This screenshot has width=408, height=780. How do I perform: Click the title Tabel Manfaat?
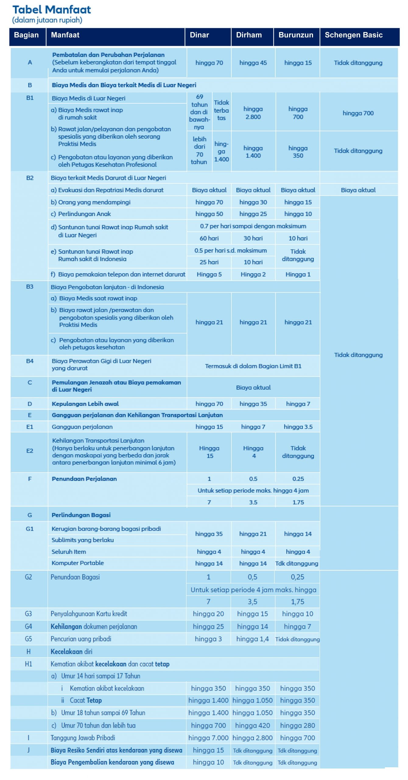[x=51, y=10]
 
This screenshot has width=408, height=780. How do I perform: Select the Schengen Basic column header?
[x=353, y=35]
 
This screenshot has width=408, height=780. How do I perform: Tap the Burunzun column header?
[x=296, y=35]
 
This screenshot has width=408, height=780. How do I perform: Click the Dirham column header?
[x=249, y=35]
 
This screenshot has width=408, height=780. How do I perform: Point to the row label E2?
[x=30, y=451]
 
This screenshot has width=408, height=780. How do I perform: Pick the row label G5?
[x=28, y=639]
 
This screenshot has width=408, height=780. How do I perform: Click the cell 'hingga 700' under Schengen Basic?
[x=358, y=113]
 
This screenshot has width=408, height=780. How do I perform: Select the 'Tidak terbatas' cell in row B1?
[x=221, y=110]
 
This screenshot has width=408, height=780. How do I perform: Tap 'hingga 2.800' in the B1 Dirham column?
[x=253, y=113]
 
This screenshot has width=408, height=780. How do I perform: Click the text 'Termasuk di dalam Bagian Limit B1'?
[x=253, y=366]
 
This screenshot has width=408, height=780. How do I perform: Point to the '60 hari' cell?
[x=209, y=238]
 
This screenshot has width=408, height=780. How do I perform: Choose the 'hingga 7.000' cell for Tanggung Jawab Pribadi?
[x=208, y=738]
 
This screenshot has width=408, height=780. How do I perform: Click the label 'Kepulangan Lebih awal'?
[x=85, y=404]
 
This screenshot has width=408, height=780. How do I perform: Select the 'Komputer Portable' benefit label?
[x=78, y=563]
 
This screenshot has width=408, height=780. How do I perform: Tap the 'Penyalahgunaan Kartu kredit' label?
[x=89, y=614]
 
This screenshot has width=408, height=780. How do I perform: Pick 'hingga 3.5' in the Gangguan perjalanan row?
[x=298, y=427]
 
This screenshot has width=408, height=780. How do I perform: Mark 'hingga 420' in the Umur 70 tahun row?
[x=252, y=725]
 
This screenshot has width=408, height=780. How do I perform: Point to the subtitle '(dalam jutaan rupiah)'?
[x=47, y=20]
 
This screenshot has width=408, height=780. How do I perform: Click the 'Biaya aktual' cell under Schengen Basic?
[x=358, y=190]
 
